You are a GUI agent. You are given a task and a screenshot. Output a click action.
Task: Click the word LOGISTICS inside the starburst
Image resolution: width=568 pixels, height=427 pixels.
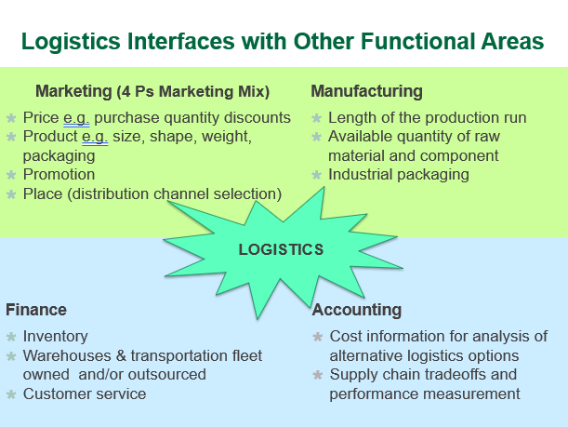point(281,249)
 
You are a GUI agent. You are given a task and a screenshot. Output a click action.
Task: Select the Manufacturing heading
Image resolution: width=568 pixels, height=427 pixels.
point(366,91)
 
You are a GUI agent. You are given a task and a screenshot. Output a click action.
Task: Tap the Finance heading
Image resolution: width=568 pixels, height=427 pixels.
point(36,310)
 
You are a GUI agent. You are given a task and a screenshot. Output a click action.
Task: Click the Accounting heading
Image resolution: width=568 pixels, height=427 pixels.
point(357,310)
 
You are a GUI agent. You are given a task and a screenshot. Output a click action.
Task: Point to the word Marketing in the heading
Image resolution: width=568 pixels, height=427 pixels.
point(73,91)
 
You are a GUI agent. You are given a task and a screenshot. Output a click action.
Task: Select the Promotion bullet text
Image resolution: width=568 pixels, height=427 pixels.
point(59,174)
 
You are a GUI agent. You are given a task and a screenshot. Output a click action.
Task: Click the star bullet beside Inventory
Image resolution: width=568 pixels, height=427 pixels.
point(11,337)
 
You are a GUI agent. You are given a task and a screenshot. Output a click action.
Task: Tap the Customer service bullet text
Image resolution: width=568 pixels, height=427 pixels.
point(85,394)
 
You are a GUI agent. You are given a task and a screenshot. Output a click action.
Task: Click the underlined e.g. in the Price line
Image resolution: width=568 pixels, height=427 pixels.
point(77,118)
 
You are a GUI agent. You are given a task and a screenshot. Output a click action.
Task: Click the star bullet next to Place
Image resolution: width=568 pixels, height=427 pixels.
point(11,193)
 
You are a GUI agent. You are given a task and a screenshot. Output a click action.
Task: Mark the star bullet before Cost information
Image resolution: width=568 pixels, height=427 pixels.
point(319,337)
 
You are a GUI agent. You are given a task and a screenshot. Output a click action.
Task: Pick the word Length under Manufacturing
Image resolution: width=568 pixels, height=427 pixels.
point(351,118)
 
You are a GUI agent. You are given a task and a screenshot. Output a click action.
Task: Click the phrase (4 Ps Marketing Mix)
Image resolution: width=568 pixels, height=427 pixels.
point(193,91)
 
